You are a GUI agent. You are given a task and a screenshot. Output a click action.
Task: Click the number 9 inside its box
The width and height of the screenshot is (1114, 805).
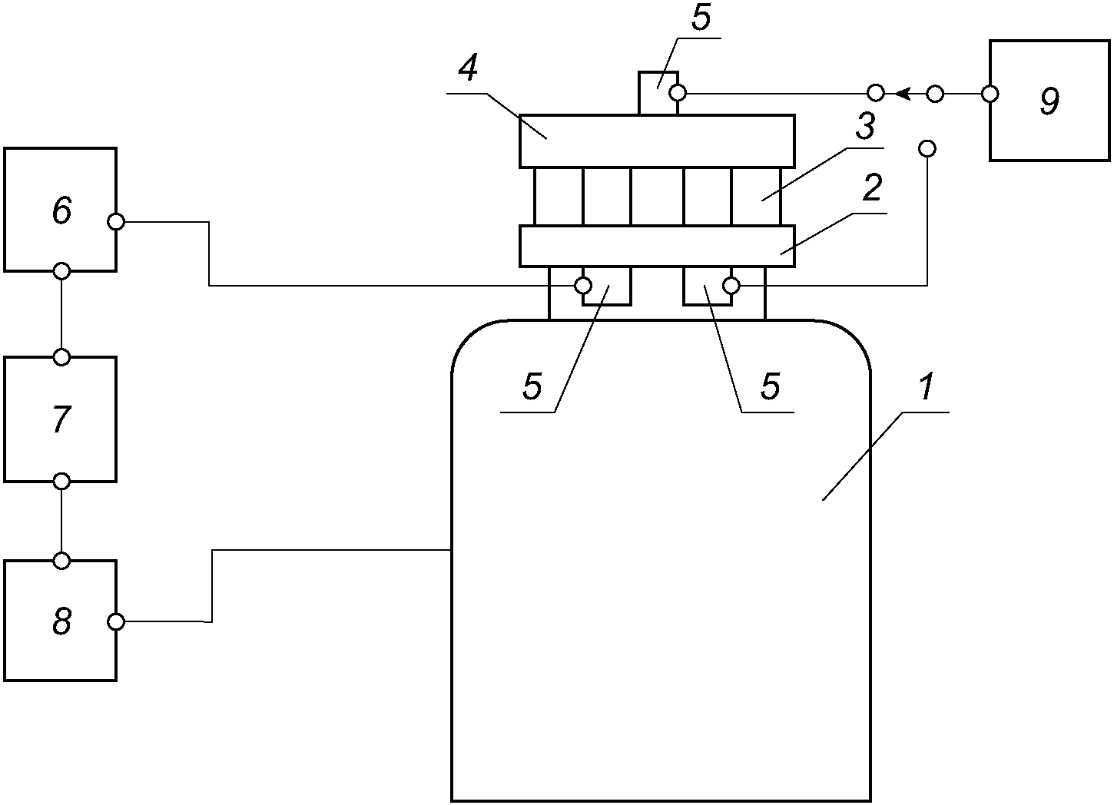tap(1049, 101)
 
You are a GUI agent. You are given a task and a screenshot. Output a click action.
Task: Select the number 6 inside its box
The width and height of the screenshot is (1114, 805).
tap(62, 210)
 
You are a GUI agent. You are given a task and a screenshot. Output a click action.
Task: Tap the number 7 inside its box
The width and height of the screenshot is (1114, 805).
tap(62, 419)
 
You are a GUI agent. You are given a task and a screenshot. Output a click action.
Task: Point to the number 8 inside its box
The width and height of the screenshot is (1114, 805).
tap(62, 621)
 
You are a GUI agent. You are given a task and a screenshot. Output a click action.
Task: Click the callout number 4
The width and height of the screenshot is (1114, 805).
tap(468, 68)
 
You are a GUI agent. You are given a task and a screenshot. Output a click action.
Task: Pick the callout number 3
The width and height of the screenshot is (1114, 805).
tap(865, 126)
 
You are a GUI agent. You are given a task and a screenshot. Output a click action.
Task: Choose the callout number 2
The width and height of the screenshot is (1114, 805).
tap(872, 188)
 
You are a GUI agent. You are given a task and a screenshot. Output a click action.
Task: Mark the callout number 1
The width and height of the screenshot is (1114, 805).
tap(926, 386)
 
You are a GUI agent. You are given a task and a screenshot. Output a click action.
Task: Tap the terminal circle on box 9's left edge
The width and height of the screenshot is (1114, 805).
tap(990, 94)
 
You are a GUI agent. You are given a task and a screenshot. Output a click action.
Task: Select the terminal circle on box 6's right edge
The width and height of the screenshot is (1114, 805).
tap(116, 222)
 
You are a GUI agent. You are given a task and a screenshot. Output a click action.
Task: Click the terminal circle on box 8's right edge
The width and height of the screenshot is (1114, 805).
tap(116, 622)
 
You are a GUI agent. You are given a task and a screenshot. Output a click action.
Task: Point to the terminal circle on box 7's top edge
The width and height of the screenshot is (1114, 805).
tap(61, 357)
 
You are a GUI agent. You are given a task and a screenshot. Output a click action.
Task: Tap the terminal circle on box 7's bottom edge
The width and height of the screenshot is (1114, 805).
tap(61, 482)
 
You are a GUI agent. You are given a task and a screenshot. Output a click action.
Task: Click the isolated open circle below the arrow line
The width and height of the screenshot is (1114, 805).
tap(927, 148)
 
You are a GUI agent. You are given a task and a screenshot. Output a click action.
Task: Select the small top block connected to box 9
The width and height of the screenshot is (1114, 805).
tap(658, 94)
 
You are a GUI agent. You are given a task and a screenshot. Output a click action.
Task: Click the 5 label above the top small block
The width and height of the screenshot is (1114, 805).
tap(701, 18)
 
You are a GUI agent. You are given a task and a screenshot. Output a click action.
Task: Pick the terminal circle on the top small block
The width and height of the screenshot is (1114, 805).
tap(678, 93)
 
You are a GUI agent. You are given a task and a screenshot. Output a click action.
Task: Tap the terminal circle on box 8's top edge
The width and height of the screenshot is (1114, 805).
tap(61, 561)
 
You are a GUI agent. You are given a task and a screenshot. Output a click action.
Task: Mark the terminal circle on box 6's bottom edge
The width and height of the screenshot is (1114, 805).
tap(61, 271)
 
